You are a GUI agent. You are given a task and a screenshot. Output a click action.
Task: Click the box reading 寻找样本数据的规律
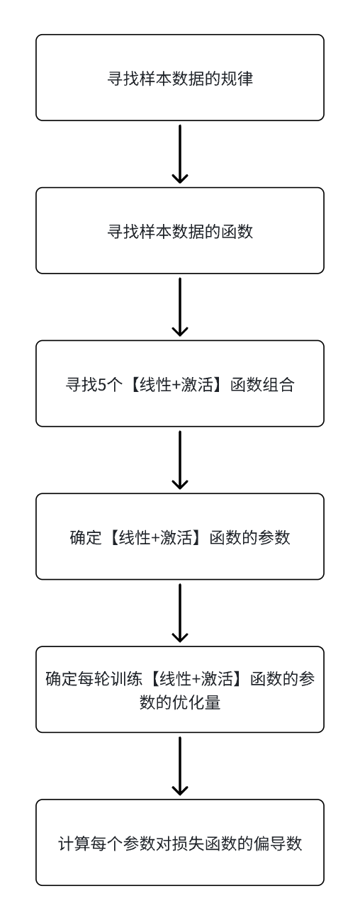pos(180,78)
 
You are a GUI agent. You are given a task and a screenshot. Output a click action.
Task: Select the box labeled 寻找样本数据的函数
pos(180,230)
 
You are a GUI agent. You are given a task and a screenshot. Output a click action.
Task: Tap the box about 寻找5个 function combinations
pos(180,383)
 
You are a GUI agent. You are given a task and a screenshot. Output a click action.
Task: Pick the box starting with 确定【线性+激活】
pos(180,537)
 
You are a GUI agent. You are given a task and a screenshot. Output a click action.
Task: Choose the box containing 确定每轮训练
pos(180,689)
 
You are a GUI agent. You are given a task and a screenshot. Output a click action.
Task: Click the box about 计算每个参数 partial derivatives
pos(180,842)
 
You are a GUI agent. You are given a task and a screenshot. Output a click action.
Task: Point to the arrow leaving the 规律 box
pos(180,154)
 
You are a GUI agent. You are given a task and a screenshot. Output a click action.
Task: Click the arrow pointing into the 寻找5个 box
pos(180,307)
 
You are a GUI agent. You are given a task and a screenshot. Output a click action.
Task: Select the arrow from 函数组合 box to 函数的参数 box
pos(180,460)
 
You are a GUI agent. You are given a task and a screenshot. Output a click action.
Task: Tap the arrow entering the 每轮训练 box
pos(180,613)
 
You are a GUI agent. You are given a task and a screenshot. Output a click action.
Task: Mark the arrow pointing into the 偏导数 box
pos(180,766)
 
